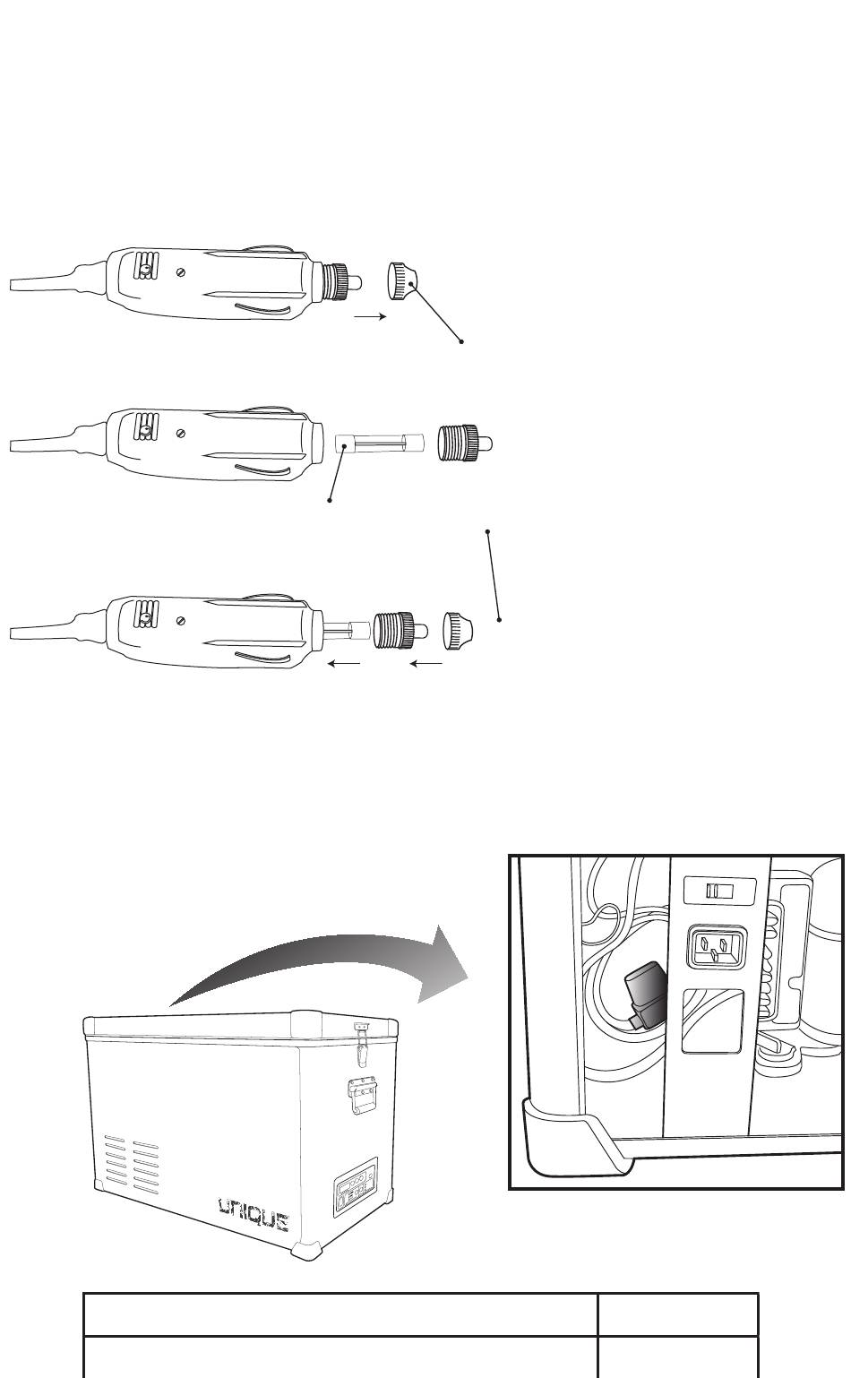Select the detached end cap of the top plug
click(x=402, y=280)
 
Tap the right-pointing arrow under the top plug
click(x=371, y=317)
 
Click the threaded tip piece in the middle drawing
click(x=465, y=444)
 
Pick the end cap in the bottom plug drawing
click(x=457, y=630)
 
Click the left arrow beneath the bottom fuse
click(x=344, y=664)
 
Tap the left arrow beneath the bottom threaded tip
click(x=426, y=663)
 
